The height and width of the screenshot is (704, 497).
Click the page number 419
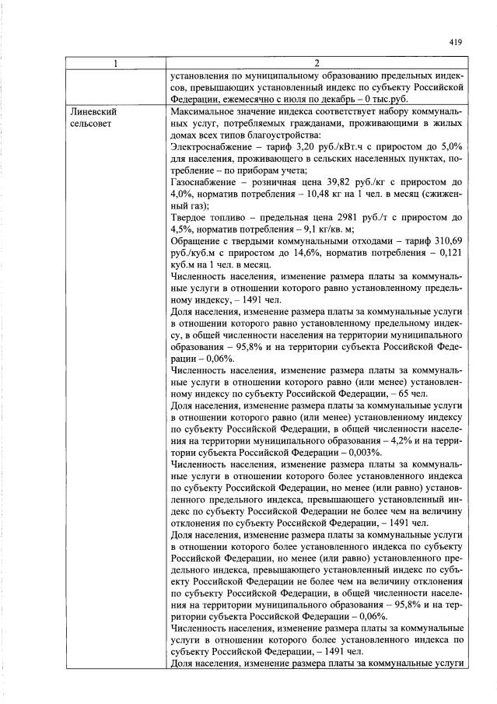455,43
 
